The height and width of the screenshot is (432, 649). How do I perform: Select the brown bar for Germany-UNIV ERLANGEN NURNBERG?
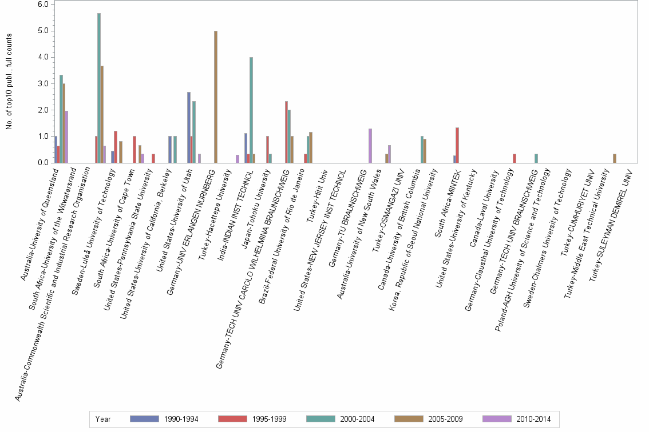click(216, 97)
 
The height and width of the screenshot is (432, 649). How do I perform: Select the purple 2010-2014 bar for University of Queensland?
click(66, 137)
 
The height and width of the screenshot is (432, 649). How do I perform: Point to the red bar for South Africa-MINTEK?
click(457, 145)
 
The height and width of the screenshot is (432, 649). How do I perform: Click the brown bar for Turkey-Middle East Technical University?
click(615, 158)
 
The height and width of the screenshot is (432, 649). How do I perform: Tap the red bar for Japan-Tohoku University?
click(267, 150)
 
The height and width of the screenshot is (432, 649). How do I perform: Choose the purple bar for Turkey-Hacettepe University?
click(238, 159)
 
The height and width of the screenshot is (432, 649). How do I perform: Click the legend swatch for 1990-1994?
click(145, 419)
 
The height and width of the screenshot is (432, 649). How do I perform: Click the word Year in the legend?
click(104, 419)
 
